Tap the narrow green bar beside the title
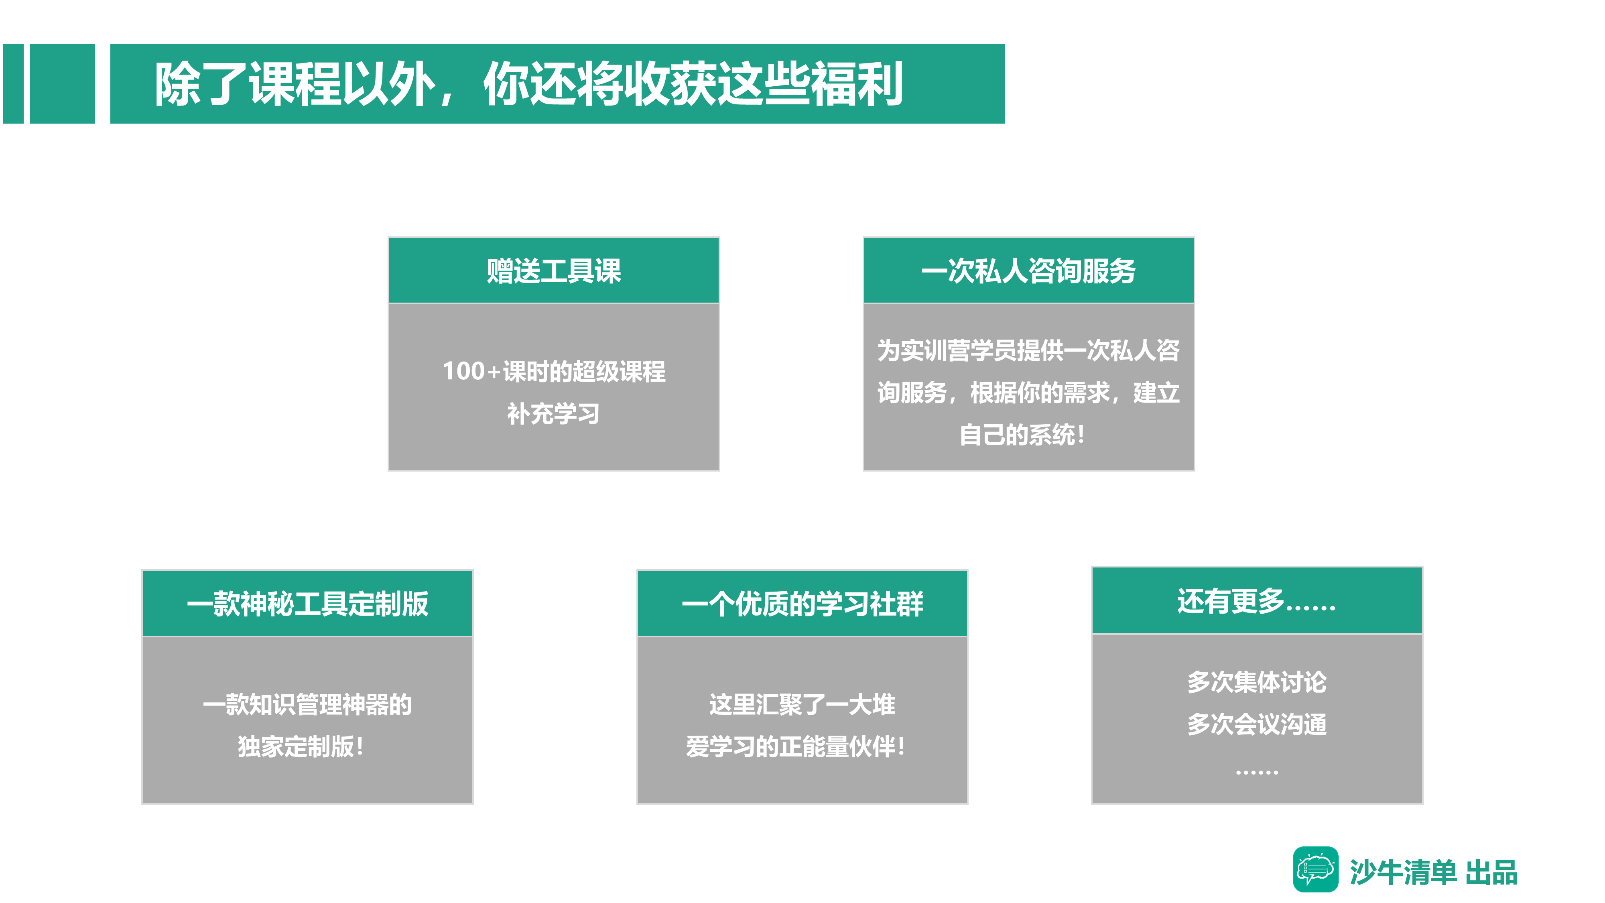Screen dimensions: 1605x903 (13, 83)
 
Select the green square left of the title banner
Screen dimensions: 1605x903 (62, 83)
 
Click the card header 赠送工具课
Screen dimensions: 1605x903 (554, 271)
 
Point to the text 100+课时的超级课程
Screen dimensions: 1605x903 (554, 371)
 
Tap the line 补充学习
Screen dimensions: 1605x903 (553, 414)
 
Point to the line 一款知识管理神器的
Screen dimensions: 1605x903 (307, 705)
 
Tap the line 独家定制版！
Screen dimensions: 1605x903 (300, 746)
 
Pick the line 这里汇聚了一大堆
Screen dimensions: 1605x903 (802, 705)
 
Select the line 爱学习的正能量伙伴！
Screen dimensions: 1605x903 (796, 746)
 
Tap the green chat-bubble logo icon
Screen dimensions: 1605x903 (1315, 869)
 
